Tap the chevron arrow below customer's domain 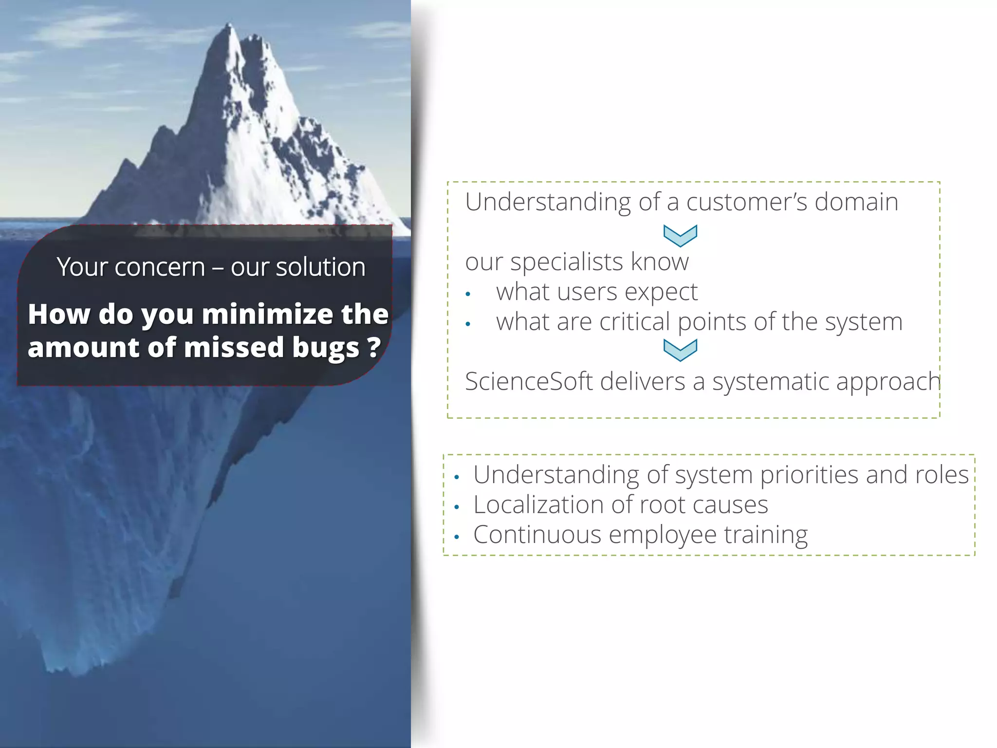680,236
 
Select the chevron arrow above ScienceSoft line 680,350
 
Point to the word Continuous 537,535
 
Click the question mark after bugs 373,347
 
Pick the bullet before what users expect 468,294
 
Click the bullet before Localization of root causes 457,507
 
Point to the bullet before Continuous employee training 457,538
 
